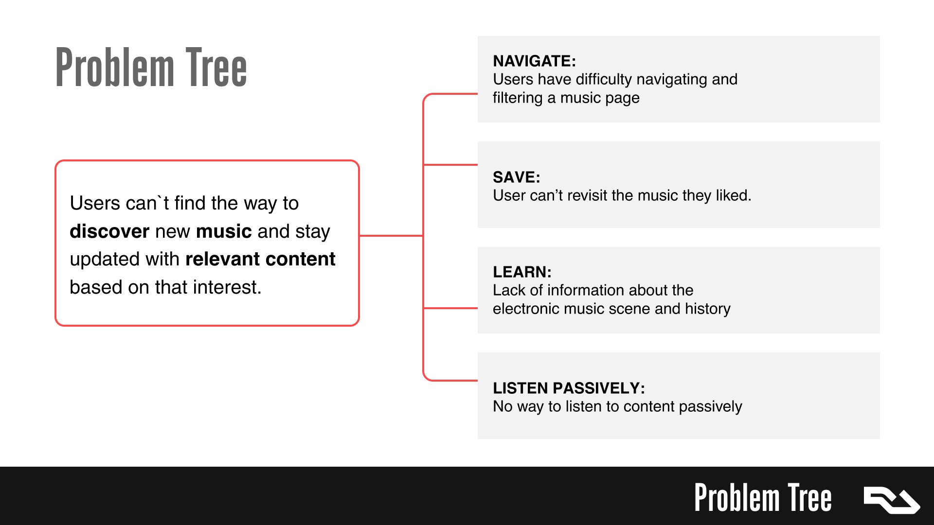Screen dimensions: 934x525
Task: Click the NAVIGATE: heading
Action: point(534,61)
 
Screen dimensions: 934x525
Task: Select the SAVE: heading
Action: point(516,177)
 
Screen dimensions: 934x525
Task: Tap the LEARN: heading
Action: point(522,272)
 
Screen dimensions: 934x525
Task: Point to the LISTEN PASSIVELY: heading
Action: point(569,388)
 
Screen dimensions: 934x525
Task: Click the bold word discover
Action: point(109,231)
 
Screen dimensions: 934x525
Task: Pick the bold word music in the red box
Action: point(224,231)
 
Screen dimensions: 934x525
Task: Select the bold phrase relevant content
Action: point(260,259)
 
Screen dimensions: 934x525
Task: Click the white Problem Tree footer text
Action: point(763,498)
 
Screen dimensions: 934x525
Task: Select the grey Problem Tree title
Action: point(151,68)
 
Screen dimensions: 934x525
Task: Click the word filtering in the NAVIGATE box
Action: point(518,98)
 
